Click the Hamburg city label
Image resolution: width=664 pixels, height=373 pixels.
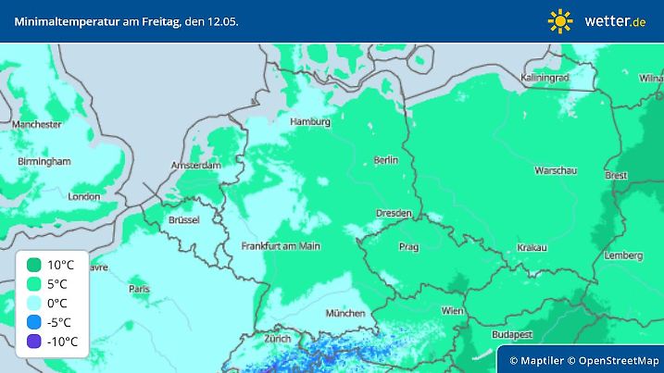(309, 121)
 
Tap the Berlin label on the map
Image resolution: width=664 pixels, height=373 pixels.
(385, 160)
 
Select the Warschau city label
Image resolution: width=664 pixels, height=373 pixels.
(556, 170)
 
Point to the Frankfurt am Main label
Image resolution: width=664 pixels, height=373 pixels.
(280, 246)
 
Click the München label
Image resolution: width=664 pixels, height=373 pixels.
(345, 314)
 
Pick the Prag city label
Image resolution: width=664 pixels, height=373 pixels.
(409, 247)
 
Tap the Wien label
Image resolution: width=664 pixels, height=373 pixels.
(452, 311)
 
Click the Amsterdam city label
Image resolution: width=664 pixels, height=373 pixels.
(196, 166)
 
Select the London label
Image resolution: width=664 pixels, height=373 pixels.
(84, 196)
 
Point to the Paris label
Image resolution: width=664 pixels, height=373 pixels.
(140, 289)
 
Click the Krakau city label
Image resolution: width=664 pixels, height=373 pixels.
(532, 248)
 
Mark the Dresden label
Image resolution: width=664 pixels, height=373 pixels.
(393, 213)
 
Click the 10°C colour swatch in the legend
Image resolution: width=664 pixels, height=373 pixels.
(34, 265)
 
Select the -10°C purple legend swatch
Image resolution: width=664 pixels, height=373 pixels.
(34, 342)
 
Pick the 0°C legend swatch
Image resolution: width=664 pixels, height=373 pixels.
(34, 303)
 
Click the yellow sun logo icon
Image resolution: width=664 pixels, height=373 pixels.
(560, 20)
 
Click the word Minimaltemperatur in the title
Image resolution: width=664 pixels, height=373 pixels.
(55, 20)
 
